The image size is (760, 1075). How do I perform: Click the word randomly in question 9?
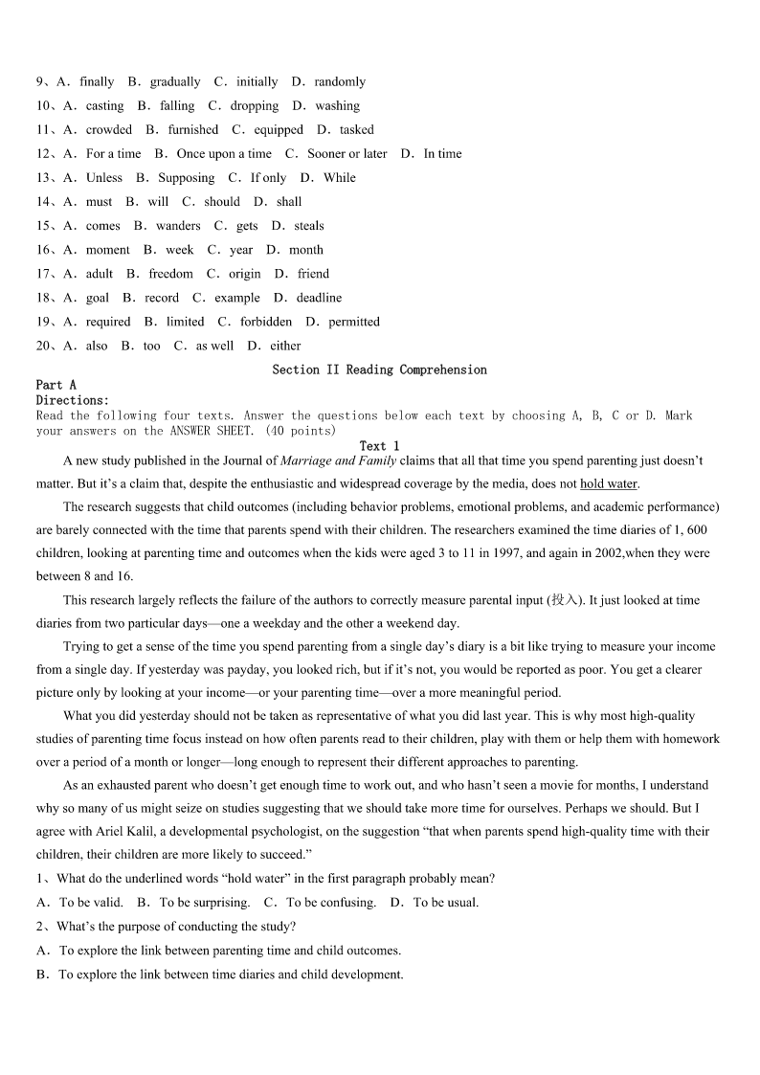[340, 82]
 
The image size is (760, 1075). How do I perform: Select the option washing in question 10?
[337, 106]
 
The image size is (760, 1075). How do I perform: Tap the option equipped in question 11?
[279, 130]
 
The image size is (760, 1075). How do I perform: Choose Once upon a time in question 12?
[224, 154]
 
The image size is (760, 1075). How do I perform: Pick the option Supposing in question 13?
[187, 178]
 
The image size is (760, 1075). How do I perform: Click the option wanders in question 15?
[178, 226]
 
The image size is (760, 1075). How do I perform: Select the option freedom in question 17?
[170, 274]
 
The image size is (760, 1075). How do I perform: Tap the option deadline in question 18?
[319, 298]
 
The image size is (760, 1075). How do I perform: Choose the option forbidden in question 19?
[266, 322]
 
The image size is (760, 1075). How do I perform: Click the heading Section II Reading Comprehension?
[379, 370]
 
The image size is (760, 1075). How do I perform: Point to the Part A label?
[56, 385]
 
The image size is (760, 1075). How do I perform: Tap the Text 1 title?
[379, 446]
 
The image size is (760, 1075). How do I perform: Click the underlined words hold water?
[609, 483]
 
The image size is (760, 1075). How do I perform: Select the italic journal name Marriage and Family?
[338, 460]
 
